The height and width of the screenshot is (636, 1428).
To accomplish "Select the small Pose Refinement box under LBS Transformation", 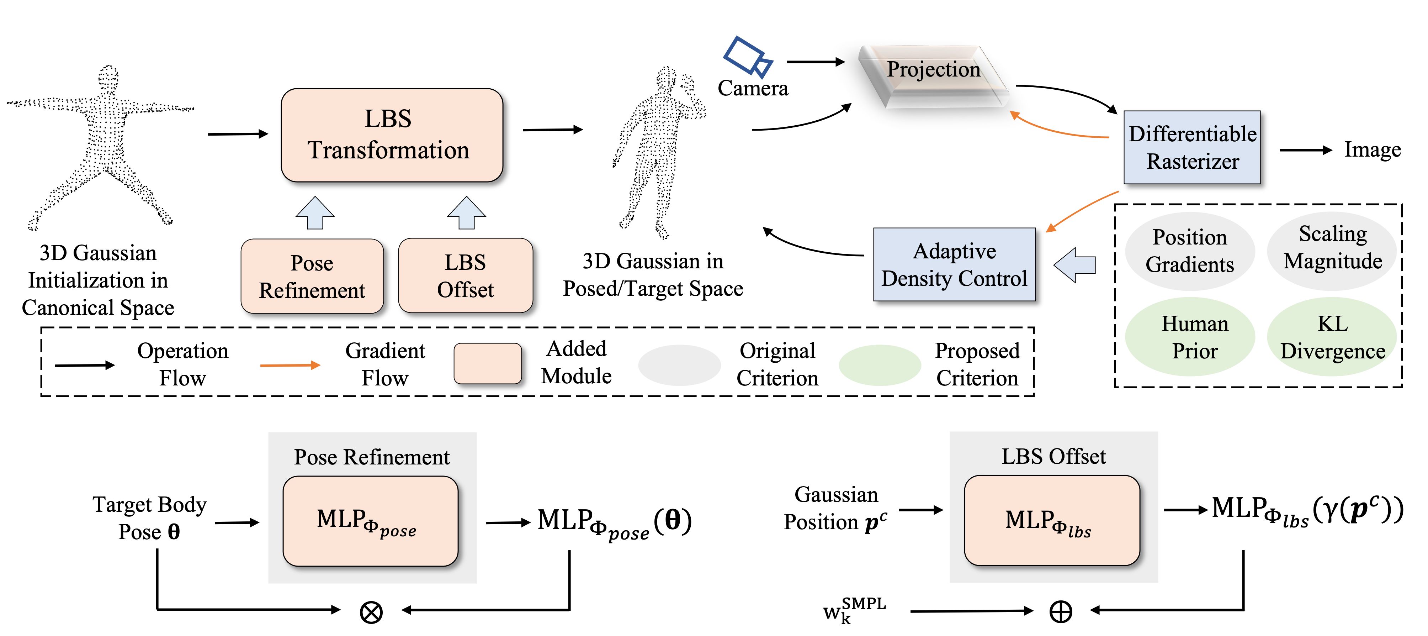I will (x=312, y=276).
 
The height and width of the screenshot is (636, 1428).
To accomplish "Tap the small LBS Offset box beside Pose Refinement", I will (x=465, y=275).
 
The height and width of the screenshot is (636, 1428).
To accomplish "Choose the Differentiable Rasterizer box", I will (x=1192, y=147).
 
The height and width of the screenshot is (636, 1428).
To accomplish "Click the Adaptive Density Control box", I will (x=954, y=264).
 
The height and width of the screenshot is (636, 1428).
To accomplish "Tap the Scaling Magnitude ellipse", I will (x=1332, y=251).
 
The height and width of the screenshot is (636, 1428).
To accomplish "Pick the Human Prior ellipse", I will (x=1190, y=337).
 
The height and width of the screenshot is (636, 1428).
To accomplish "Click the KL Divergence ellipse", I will (x=1332, y=337).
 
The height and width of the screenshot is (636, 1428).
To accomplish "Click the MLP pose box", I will (x=370, y=521).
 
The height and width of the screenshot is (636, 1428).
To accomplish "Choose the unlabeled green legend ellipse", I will (x=880, y=365).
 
